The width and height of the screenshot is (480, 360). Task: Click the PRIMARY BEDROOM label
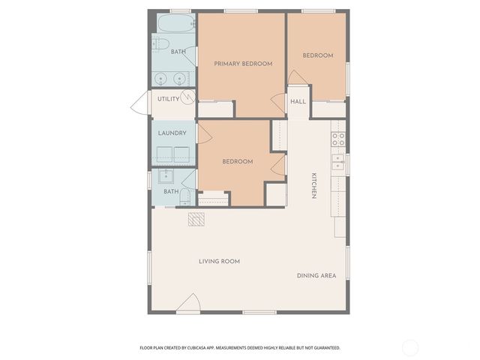coord(243,64)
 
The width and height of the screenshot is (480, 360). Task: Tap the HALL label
coord(298,101)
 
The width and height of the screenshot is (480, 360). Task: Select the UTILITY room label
coord(168,99)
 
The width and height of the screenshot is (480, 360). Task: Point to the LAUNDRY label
coord(172,133)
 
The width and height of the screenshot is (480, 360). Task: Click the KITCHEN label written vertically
coord(314,186)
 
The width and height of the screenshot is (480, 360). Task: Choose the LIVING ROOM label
coord(219,261)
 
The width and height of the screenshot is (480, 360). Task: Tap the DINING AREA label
coord(316,275)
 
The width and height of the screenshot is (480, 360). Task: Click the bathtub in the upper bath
coord(174,23)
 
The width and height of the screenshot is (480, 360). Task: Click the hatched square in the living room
coord(196,218)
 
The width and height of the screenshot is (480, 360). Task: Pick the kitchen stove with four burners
coord(338,139)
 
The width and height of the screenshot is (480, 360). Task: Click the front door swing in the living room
coord(188,303)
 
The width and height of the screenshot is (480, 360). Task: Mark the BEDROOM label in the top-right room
coord(317,55)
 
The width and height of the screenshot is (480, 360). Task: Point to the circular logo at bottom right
coord(410,347)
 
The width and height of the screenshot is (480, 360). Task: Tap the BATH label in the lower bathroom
coord(172,191)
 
